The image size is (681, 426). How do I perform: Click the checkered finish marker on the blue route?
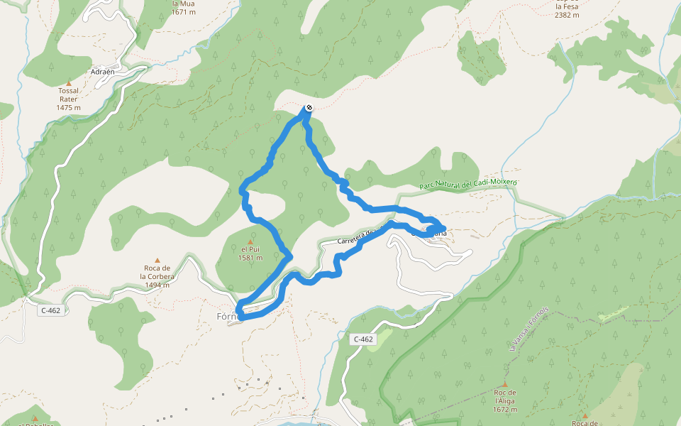pyautogui.click(x=309, y=108)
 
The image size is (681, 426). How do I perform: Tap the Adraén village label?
pyautogui.click(x=104, y=72)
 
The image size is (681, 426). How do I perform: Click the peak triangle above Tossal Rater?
pyautogui.click(x=69, y=82)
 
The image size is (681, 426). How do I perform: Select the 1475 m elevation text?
pyautogui.click(x=69, y=108)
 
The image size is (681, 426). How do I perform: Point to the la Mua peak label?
pyautogui.click(x=183, y=3)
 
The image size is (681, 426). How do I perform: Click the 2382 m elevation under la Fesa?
pyautogui.click(x=567, y=14)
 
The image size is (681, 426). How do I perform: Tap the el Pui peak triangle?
pyautogui.click(x=250, y=241)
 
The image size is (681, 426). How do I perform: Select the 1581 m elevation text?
pyautogui.click(x=250, y=258)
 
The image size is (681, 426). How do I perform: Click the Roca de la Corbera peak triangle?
pyautogui.click(x=157, y=260)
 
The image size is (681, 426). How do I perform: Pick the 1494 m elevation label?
pyautogui.click(x=157, y=285)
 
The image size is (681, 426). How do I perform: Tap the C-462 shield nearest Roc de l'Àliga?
pyautogui.click(x=363, y=339)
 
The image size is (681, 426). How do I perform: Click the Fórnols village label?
pyautogui.click(x=228, y=315)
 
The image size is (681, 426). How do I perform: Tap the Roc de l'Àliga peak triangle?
pyautogui.click(x=505, y=384)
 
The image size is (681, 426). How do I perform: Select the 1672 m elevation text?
pyautogui.click(x=505, y=410)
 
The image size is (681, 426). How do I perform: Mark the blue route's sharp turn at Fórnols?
pyautogui.click(x=239, y=312)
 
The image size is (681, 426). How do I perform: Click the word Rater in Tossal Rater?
pyautogui.click(x=69, y=99)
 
